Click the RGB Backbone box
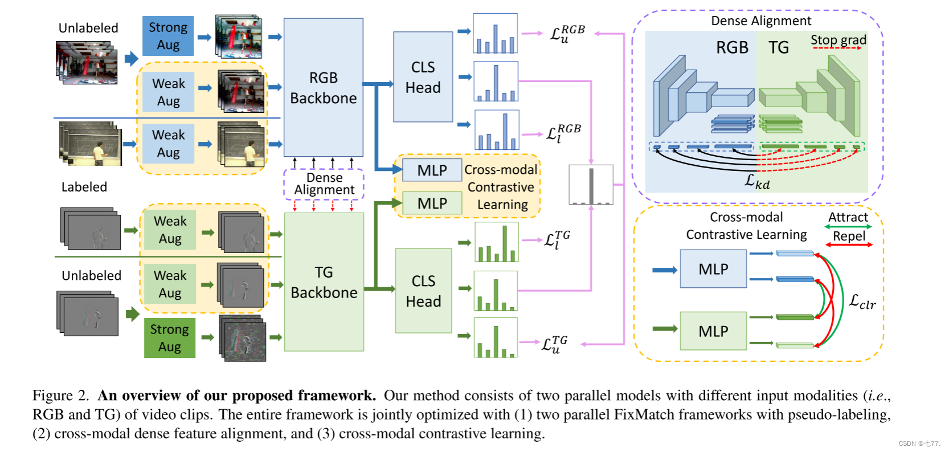323,87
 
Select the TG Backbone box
324,282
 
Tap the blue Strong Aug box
168,36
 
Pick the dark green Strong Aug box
169,338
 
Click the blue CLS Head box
423,77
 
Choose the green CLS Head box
423,291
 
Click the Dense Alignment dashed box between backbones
324,184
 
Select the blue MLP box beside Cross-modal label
432,170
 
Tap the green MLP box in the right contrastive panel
713,331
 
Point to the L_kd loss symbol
757,182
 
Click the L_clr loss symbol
862,302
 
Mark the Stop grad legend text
838,39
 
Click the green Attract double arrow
848,227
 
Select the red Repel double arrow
849,245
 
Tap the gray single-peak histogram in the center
591,185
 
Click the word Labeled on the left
84,187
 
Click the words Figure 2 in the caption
60,396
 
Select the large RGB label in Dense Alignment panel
732,47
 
